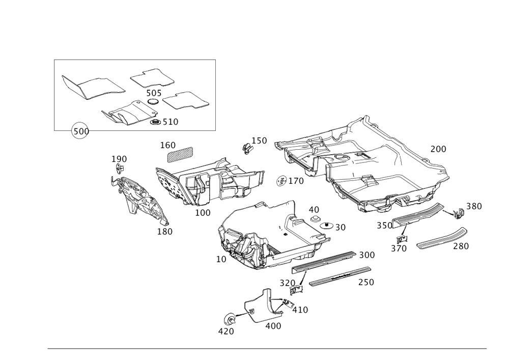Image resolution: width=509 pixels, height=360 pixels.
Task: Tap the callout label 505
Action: tap(153, 93)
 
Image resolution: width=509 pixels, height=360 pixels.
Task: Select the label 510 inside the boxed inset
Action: tap(170, 122)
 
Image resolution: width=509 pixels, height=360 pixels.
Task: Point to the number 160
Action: tap(167, 145)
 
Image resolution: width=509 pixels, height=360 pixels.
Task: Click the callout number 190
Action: tap(119, 159)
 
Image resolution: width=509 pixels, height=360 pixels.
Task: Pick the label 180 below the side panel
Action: tap(164, 232)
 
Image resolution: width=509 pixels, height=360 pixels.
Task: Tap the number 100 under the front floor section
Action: tap(203, 212)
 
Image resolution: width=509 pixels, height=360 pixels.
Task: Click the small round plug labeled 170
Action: tap(281, 180)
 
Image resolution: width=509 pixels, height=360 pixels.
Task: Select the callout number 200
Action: tap(438, 149)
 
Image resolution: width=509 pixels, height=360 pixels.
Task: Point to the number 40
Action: tap(313, 209)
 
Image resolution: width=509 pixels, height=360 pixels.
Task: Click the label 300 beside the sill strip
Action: tap(366, 255)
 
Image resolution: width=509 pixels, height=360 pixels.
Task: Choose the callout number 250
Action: tap(365, 282)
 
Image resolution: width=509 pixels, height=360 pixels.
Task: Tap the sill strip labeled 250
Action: tap(338, 276)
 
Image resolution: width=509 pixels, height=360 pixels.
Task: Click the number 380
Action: tap(474, 206)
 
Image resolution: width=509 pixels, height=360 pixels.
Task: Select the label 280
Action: tap(460, 246)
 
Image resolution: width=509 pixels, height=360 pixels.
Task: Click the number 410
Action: tap(299, 309)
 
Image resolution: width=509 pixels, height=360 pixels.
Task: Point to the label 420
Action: tap(225, 331)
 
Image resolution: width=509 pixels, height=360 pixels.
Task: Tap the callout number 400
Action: tap(273, 326)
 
